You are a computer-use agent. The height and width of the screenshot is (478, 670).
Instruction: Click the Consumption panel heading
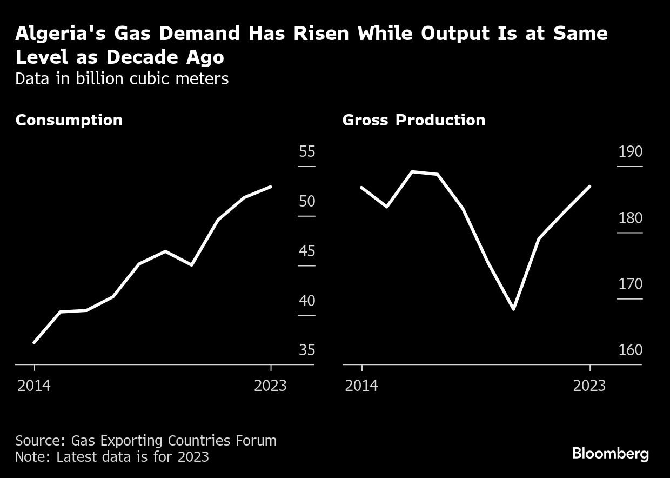pyautogui.click(x=69, y=120)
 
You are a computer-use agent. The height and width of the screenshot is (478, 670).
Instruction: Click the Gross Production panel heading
pyautogui.click(x=413, y=120)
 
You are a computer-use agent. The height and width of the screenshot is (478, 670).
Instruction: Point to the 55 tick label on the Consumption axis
pyautogui.click(x=307, y=152)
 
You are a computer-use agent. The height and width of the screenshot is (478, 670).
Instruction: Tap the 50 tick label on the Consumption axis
pyautogui.click(x=307, y=202)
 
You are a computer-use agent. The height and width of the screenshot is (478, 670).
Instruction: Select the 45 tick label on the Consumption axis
pyautogui.click(x=307, y=251)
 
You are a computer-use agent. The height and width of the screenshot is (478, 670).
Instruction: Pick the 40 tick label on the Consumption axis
pyautogui.click(x=307, y=301)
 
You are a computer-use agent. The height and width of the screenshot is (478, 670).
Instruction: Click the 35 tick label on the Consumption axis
pyautogui.click(x=307, y=350)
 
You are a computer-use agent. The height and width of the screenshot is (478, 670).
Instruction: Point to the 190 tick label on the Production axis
pyautogui.click(x=631, y=152)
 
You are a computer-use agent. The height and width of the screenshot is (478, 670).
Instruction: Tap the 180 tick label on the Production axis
pyautogui.click(x=631, y=218)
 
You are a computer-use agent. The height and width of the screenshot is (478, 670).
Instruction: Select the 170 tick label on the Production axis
pyautogui.click(x=631, y=284)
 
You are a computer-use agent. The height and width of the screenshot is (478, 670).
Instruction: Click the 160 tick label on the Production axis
pyautogui.click(x=631, y=350)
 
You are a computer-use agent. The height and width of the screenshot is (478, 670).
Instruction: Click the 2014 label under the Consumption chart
pyautogui.click(x=34, y=386)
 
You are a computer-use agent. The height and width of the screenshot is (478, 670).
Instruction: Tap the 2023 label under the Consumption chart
pyautogui.click(x=270, y=386)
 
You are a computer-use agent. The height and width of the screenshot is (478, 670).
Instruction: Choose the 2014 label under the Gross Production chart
pyautogui.click(x=361, y=386)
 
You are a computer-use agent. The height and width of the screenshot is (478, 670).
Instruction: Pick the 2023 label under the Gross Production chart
pyautogui.click(x=589, y=386)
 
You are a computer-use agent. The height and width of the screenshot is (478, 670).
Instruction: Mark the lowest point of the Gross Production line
pyautogui.click(x=513, y=309)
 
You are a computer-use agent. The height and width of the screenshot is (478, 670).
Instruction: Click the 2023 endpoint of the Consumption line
pyautogui.click(x=270, y=187)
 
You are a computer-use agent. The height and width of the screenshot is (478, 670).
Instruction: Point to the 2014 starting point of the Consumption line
pyautogui.click(x=34, y=342)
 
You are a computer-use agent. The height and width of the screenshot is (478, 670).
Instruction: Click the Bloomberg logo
pyautogui.click(x=610, y=453)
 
